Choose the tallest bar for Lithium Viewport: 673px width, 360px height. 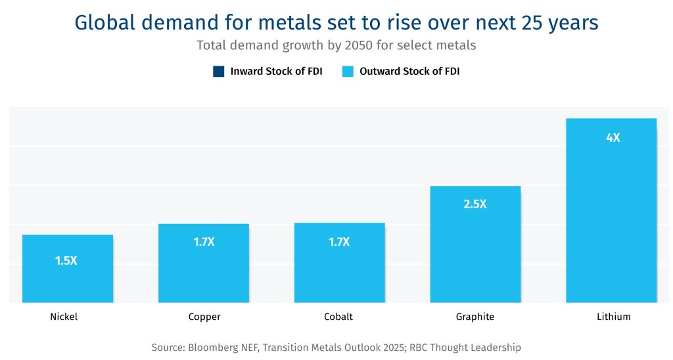611,217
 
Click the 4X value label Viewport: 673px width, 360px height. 613,138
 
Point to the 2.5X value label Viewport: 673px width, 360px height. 475,204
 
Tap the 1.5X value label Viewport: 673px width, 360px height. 66,261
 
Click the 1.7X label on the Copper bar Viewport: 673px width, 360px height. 204,242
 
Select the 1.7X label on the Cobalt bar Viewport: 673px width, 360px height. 339,242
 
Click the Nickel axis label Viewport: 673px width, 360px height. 64,317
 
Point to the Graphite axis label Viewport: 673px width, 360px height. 475,317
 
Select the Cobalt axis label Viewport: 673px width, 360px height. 338,317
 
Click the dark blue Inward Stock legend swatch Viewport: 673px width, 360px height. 219,72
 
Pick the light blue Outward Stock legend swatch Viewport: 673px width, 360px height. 348,72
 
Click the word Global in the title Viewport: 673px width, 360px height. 105,23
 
